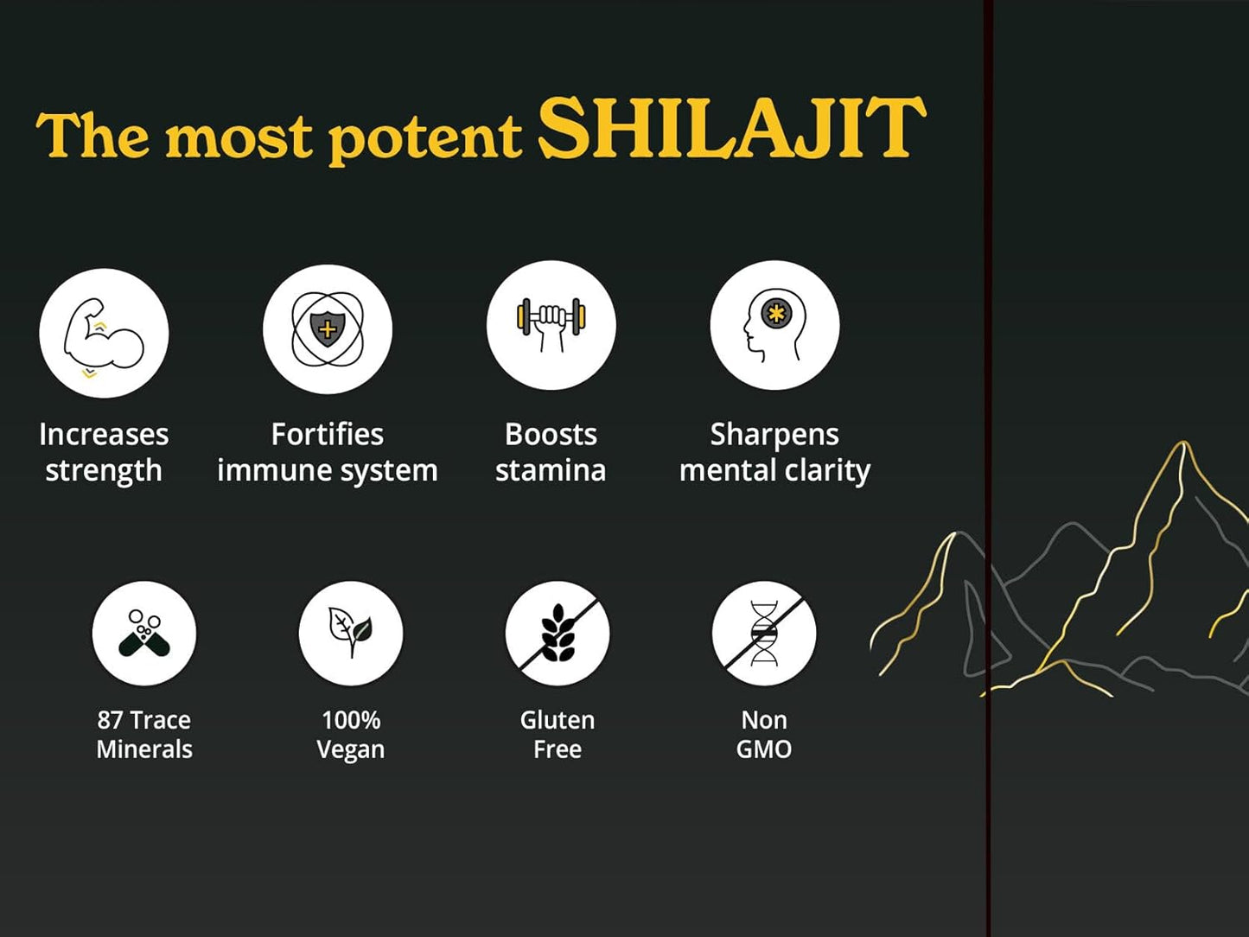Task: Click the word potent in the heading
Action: point(425,137)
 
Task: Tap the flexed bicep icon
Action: point(104,334)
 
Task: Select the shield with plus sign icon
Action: point(327,329)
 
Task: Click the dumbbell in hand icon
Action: point(551,326)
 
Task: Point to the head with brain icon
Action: point(774,326)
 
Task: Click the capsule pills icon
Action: point(144,634)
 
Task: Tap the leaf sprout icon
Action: point(350,634)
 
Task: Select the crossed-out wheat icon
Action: point(558,634)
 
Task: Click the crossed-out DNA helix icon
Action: point(763,634)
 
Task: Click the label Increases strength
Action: point(104,452)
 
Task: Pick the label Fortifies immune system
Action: point(327,452)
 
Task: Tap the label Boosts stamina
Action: point(551,452)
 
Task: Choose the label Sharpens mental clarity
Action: point(774,452)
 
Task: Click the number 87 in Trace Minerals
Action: point(110,720)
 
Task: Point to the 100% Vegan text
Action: point(350,734)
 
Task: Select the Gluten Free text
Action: point(558,734)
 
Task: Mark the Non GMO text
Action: point(763,734)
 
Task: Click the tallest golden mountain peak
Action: point(1182,448)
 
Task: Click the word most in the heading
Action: point(239,137)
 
